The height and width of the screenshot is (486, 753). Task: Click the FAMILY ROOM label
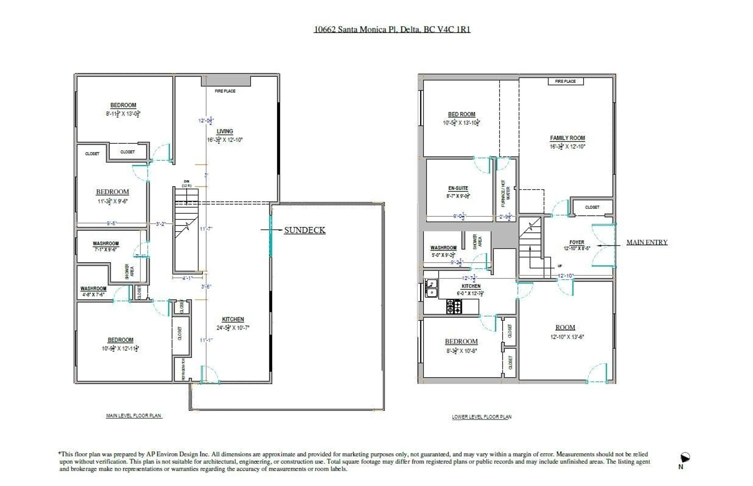[x=567, y=138]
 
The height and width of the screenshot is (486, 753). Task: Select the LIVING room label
[x=225, y=131]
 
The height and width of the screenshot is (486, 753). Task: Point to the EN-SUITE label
[x=458, y=188]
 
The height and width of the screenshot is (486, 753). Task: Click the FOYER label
[x=577, y=242]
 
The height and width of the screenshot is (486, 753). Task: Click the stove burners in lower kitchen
[x=454, y=306]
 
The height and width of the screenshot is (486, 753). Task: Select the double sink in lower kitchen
[x=431, y=288]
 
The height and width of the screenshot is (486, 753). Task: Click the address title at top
[x=392, y=29]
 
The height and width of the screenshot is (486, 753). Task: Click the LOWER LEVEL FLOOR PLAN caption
[x=481, y=417]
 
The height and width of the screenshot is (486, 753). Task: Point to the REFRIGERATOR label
[x=183, y=369]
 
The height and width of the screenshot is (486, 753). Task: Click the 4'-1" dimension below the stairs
[x=187, y=278]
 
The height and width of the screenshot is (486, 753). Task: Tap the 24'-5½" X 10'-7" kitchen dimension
[x=233, y=328]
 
